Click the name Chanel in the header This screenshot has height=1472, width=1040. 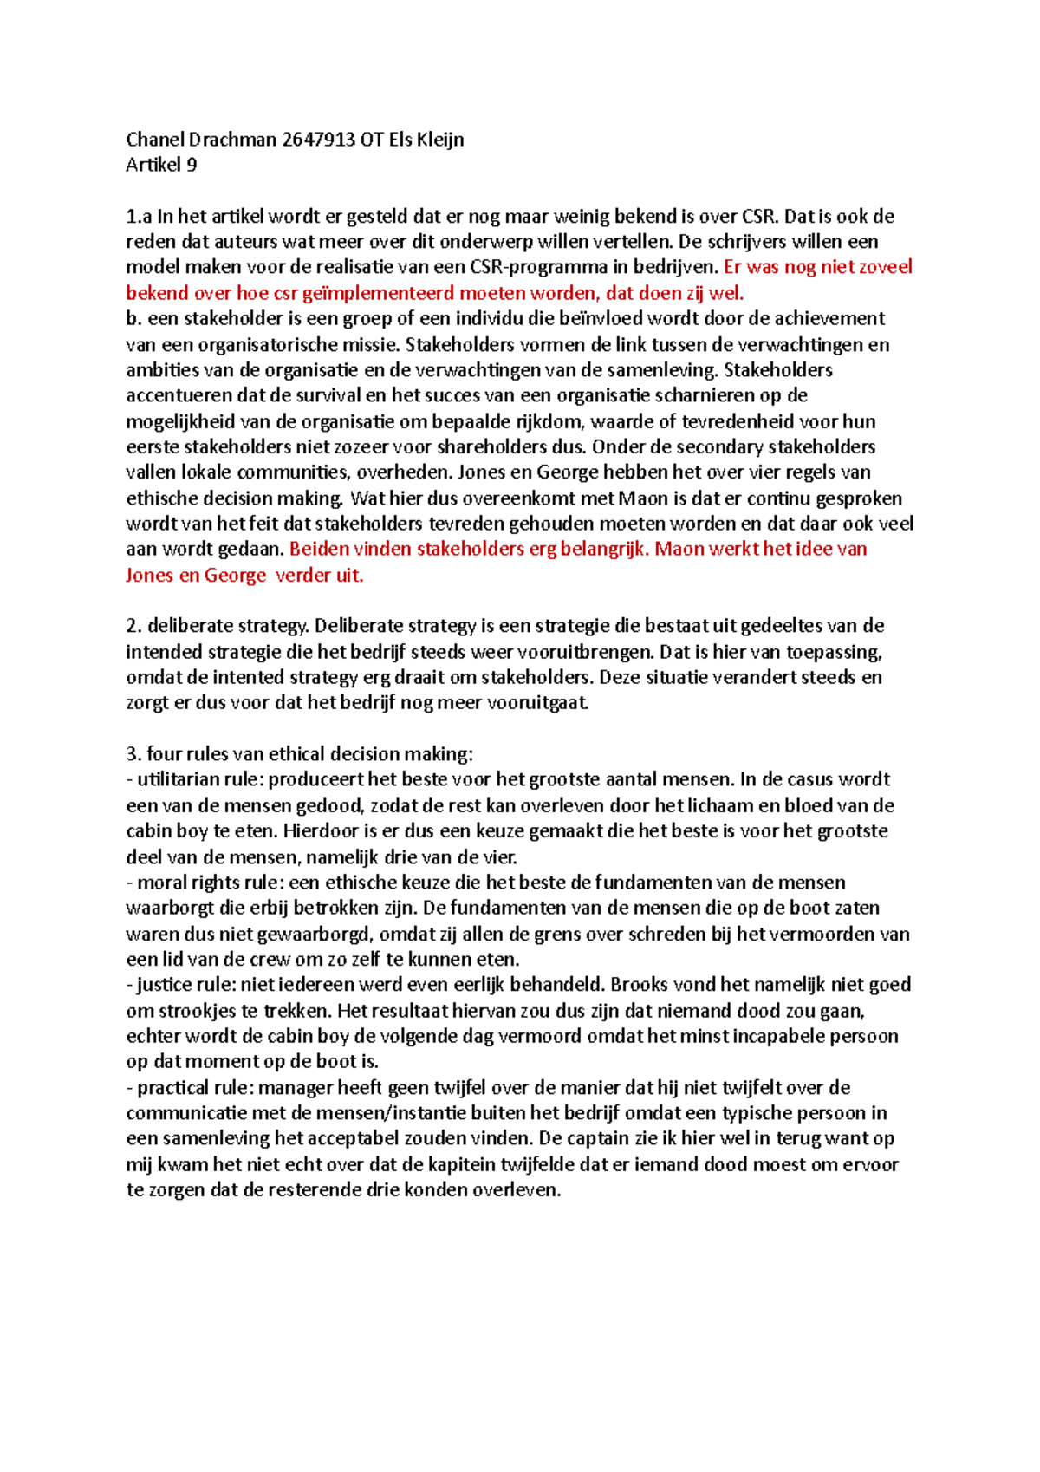[155, 140]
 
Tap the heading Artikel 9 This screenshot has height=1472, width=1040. [161, 165]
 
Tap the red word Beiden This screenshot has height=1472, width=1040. [319, 549]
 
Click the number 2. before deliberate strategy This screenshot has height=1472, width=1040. [133, 626]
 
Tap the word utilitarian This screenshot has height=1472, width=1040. [178, 779]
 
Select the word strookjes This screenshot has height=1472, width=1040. [184, 1011]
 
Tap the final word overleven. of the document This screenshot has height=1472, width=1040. [517, 1190]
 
